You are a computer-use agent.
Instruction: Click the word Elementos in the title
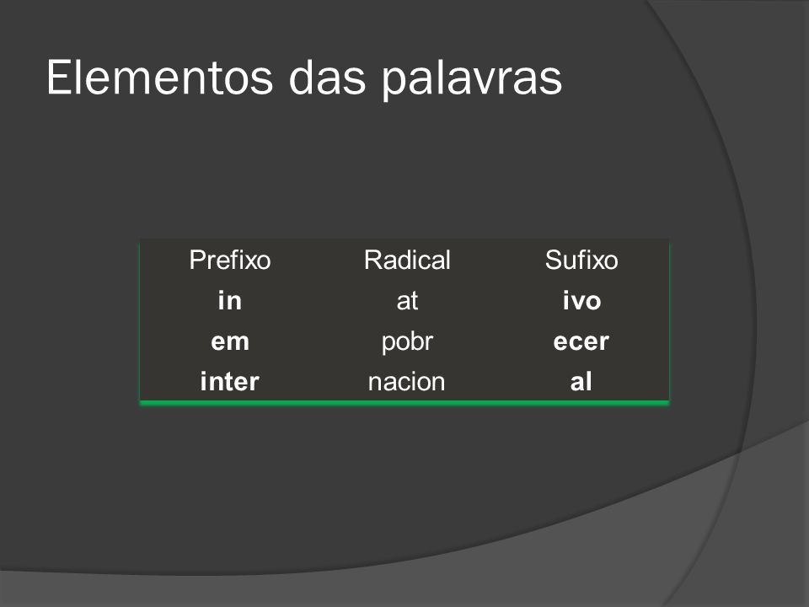click(160, 78)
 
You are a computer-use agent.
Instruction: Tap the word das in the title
click(327, 78)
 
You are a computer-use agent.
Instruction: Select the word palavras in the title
click(472, 79)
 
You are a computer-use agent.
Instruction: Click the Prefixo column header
click(229, 260)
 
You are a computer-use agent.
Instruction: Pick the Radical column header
click(407, 260)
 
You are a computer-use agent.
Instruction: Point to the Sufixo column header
click(581, 260)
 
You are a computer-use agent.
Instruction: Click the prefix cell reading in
click(229, 300)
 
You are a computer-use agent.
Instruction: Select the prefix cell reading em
click(229, 341)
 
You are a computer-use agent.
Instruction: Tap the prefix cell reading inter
click(229, 381)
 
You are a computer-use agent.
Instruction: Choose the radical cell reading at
click(407, 301)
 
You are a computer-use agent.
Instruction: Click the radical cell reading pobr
click(407, 342)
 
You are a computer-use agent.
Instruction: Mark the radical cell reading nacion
click(406, 382)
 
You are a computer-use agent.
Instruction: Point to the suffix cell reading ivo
click(581, 300)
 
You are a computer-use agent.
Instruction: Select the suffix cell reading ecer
click(581, 341)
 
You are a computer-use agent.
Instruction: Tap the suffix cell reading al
click(581, 381)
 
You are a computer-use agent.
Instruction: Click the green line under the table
click(404, 403)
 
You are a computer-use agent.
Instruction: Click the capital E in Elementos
click(58, 78)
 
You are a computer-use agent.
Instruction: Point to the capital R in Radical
click(373, 260)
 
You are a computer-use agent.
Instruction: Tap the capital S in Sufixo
click(554, 260)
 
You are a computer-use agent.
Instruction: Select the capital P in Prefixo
click(197, 260)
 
